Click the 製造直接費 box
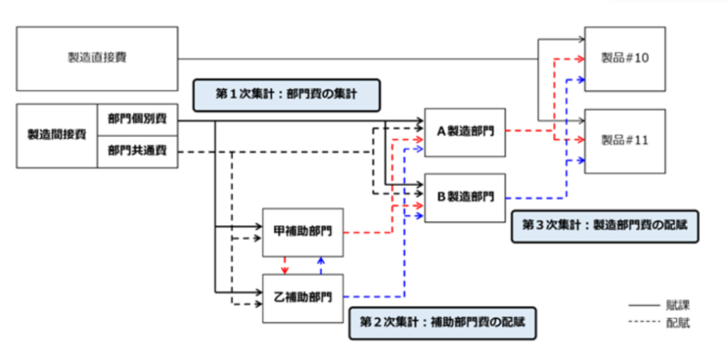(97, 58)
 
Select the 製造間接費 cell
(57, 135)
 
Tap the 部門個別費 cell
(137, 119)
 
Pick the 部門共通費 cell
(137, 151)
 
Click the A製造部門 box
(464, 132)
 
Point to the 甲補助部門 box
(303, 232)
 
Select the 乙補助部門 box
(303, 298)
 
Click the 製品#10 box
(625, 58)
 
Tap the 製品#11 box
(625, 141)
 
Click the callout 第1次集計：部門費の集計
(288, 94)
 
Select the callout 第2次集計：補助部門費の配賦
(442, 322)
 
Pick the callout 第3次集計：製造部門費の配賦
(604, 225)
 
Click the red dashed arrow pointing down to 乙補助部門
(285, 266)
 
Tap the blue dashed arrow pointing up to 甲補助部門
(321, 266)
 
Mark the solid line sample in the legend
(643, 305)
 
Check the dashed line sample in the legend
(643, 323)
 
